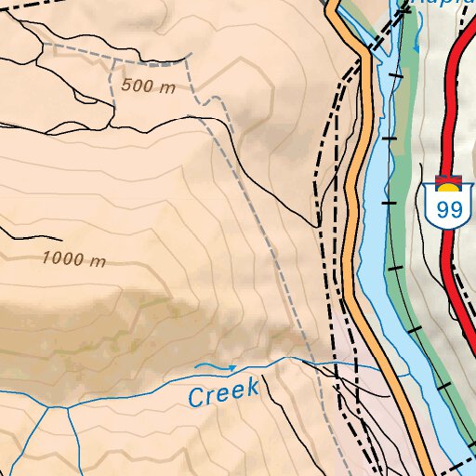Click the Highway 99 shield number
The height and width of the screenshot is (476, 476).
click(449, 209)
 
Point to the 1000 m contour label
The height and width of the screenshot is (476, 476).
click(74, 258)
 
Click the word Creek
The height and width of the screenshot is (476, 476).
click(223, 393)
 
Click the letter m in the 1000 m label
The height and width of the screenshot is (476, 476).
click(99, 261)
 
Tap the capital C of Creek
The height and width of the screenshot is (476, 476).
click(197, 398)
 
